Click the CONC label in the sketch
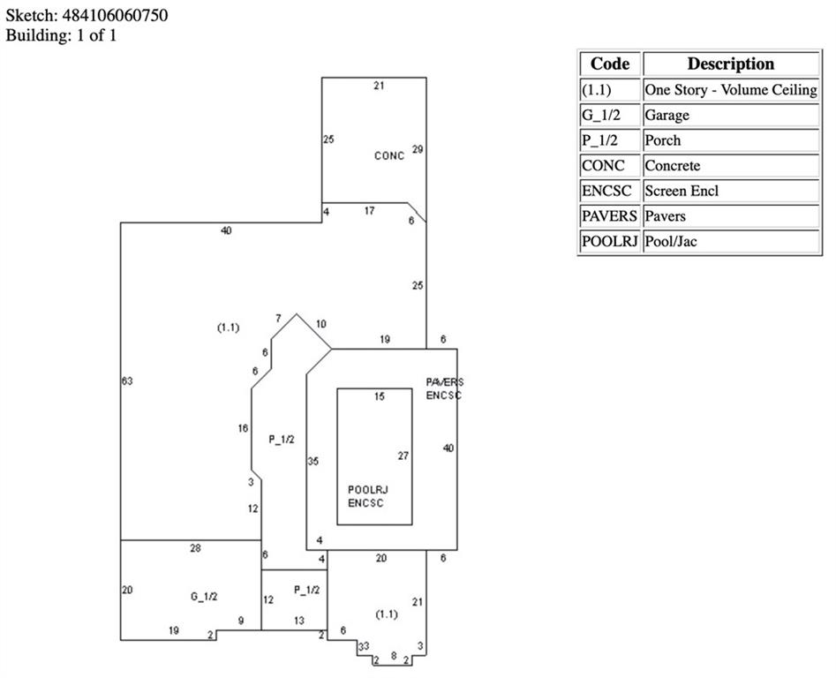click(388, 156)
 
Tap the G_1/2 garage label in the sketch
click(204, 597)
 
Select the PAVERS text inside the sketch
click(444, 382)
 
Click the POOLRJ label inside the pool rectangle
click(368, 490)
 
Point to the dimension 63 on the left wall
click(126, 380)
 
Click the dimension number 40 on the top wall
click(226, 231)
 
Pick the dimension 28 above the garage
click(195, 548)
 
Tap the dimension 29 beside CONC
click(417, 149)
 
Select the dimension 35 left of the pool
click(313, 461)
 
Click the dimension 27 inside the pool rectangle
click(403, 456)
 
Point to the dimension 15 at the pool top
click(380, 397)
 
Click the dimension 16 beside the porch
click(243, 428)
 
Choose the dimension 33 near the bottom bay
click(363, 647)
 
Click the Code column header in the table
click(610, 64)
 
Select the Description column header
click(730, 64)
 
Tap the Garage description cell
click(667, 115)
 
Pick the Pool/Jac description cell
click(670, 241)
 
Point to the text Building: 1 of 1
click(61, 35)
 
